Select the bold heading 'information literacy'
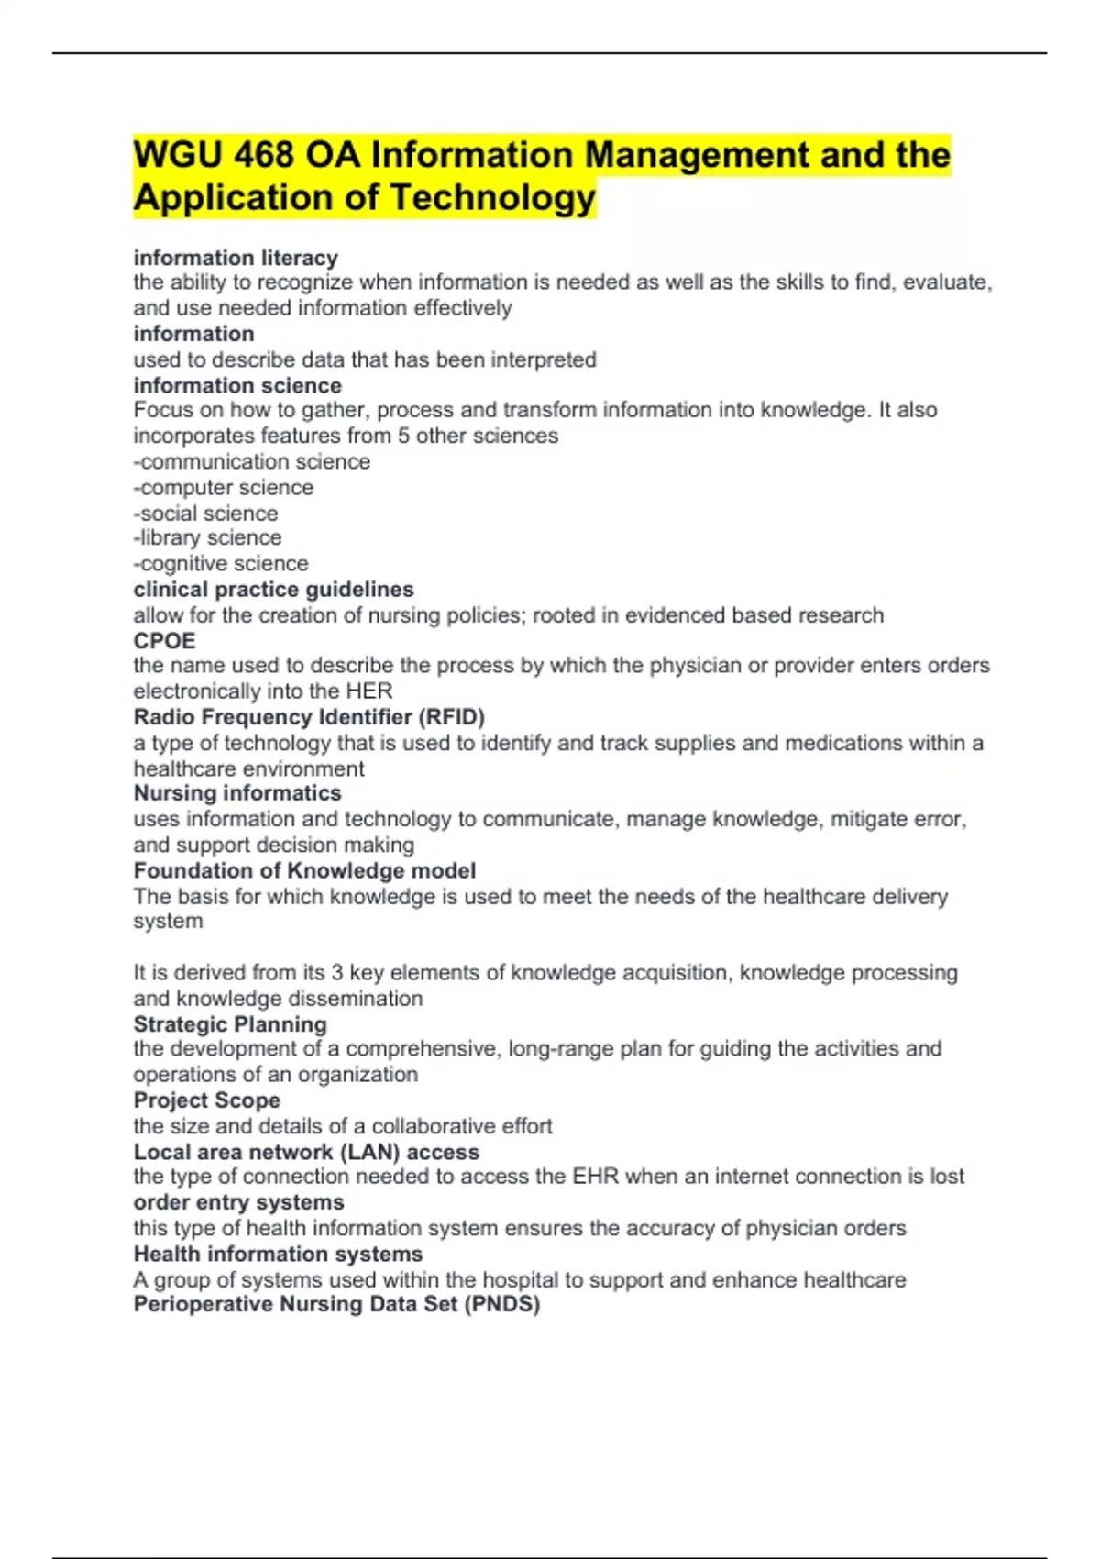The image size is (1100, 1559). point(236,258)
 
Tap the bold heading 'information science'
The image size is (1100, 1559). point(237,385)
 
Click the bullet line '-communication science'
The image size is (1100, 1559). point(252,461)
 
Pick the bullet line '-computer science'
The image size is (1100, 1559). point(224,487)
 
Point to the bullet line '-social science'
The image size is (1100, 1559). point(205,513)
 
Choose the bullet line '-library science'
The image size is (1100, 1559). point(207,537)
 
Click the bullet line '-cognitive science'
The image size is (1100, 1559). point(221,563)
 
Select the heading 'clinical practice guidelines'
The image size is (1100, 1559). point(273,589)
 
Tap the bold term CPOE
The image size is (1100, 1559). point(165,640)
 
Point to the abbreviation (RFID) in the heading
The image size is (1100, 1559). point(451,716)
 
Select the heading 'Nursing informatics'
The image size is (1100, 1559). point(237,792)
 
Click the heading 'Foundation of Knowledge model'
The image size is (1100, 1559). point(304,870)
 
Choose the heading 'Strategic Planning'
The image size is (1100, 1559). point(230,1023)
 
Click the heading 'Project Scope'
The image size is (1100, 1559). point(206,1100)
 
